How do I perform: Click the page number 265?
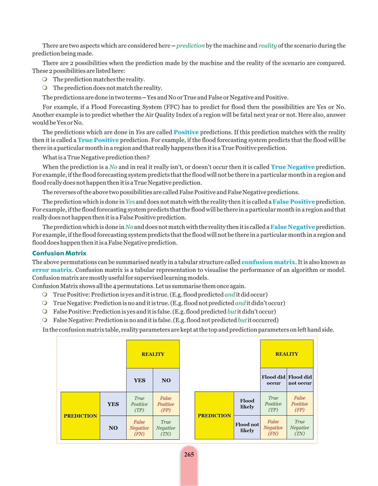click(x=189, y=455)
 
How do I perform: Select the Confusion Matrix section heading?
click(x=59, y=253)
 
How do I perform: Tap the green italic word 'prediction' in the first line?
click(x=190, y=46)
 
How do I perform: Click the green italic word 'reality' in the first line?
click(x=267, y=46)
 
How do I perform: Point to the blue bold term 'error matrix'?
click(x=52, y=270)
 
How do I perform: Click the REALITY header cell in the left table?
click(x=153, y=354)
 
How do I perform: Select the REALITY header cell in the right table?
click(x=287, y=354)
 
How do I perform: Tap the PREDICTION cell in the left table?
click(x=80, y=416)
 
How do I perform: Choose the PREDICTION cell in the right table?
click(x=214, y=416)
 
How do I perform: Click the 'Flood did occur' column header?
click(x=274, y=380)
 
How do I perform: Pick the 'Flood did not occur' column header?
click(x=300, y=380)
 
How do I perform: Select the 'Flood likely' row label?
click(x=247, y=404)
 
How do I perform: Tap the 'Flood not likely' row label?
click(x=247, y=427)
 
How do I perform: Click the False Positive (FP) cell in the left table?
click(x=166, y=404)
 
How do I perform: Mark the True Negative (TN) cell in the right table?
click(x=300, y=427)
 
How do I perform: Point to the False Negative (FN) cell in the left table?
click(x=139, y=428)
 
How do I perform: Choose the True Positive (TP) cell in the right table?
click(x=273, y=404)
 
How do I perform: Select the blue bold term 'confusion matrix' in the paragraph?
click(x=268, y=262)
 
